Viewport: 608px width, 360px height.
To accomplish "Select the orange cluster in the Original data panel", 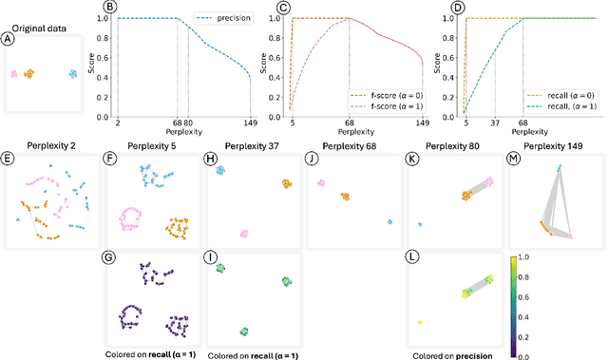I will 28,73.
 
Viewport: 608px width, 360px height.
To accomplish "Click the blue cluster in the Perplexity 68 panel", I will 390,221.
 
